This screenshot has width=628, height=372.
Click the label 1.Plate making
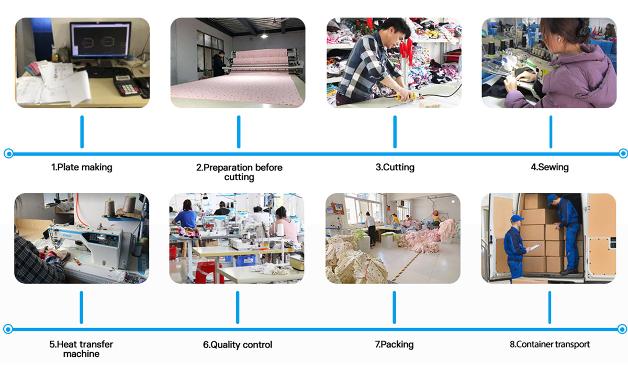point(82,167)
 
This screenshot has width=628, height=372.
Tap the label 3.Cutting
point(395,167)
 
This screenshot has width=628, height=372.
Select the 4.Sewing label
point(549,167)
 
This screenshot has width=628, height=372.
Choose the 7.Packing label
point(394,344)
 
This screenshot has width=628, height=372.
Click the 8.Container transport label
point(549,344)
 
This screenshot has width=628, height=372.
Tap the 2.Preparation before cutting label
point(239,172)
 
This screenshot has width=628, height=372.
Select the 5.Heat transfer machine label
point(81,349)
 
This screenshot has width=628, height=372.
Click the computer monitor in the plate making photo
point(100,40)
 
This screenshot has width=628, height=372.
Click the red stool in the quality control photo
point(208,273)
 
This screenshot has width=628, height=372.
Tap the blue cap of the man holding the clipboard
point(517,218)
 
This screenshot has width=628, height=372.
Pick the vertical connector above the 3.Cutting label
point(395,132)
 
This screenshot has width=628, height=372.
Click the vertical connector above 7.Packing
point(394,307)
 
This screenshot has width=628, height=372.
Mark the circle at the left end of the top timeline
point(8,154)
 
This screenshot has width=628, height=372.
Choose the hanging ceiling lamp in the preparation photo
point(265,35)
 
